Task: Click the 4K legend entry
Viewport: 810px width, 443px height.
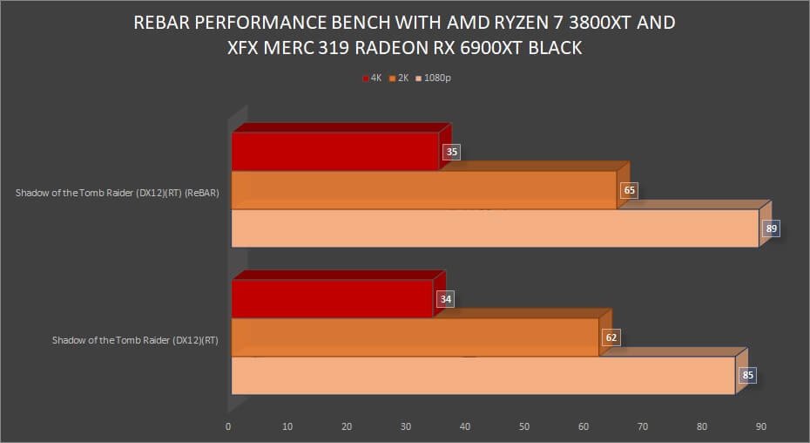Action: tap(372, 78)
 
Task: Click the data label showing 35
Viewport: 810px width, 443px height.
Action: tap(451, 152)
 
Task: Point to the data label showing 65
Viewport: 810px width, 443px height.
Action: tap(629, 190)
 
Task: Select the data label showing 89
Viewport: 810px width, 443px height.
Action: tap(771, 229)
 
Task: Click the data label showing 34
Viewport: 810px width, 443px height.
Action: tap(445, 299)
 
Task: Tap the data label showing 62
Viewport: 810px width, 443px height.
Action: tap(611, 337)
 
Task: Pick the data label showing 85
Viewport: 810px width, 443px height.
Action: tap(747, 377)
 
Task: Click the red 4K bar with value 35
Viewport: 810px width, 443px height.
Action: tap(335, 152)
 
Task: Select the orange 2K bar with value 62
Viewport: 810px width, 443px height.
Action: tap(415, 337)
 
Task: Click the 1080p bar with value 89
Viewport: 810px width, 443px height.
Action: tap(494, 228)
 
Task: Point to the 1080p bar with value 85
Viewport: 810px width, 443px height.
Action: tap(483, 376)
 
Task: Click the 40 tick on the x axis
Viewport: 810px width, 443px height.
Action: tap(465, 426)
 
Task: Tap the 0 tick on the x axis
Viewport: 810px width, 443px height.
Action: tap(228, 426)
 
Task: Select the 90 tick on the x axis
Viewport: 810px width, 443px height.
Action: tap(761, 426)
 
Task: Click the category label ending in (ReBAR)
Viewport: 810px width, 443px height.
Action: tap(117, 193)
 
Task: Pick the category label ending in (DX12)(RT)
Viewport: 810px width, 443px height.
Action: tap(135, 340)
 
